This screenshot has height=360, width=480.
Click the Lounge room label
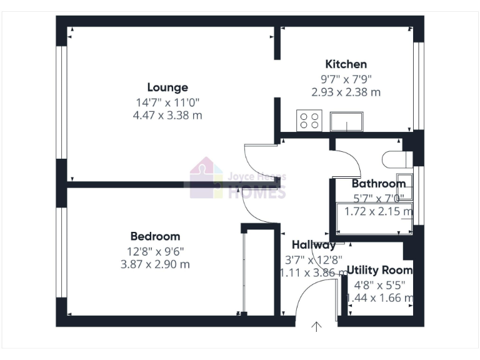coord(167,87)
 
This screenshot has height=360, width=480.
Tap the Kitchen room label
coord(346,64)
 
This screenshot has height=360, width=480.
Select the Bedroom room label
coord(155,236)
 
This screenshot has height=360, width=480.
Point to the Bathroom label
coord(378,184)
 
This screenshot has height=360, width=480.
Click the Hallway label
coord(314,245)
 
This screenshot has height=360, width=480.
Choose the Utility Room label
coord(379,270)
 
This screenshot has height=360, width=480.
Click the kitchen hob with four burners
coord(309,120)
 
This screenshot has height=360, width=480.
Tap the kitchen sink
coord(347,121)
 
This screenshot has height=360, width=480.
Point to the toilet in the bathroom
coord(394,161)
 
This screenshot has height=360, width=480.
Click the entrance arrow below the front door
coord(317,326)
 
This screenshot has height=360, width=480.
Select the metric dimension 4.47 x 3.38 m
coord(167,115)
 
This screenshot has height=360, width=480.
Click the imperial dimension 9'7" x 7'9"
coord(346,79)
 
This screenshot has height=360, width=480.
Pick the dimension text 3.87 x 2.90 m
coord(155,264)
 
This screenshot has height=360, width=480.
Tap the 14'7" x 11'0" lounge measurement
coord(167,102)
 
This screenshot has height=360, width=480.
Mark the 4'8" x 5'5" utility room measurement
coord(379,284)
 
